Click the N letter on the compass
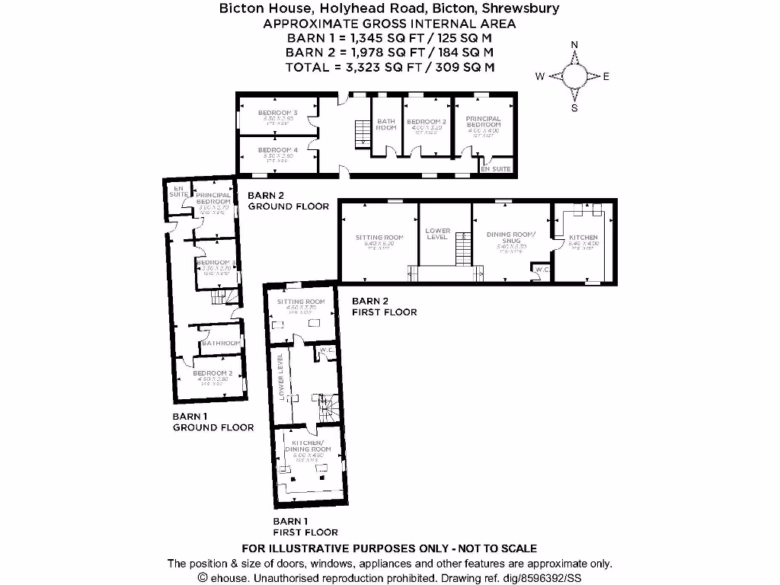click(x=574, y=45)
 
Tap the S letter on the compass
click(x=574, y=107)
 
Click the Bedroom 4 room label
click(x=277, y=150)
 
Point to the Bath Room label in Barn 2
click(x=386, y=124)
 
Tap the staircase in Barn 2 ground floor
click(x=362, y=134)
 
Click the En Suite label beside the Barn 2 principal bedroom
click(x=496, y=168)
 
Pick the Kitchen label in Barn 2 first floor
click(x=583, y=238)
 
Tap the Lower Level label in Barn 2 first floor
click(x=438, y=234)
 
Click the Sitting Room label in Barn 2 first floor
click(x=379, y=238)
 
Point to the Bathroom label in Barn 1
click(x=221, y=344)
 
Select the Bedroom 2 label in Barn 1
click(x=212, y=373)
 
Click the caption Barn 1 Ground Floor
click(x=213, y=422)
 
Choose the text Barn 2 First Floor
click(x=384, y=306)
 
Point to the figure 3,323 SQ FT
click(x=366, y=67)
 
